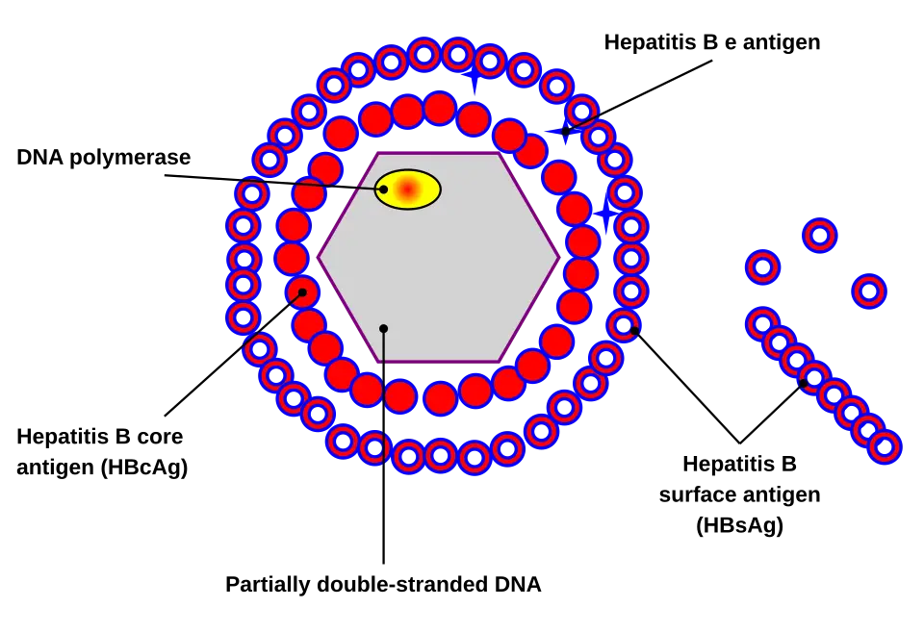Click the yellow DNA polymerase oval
[x=408, y=189]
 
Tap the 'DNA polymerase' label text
[x=104, y=157]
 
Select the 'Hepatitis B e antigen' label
[x=712, y=42]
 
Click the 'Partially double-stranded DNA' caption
[x=383, y=584]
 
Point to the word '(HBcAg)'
[x=144, y=467]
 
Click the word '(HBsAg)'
[x=739, y=524]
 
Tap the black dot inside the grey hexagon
[x=384, y=329]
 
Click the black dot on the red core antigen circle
[x=302, y=292]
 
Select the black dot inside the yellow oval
[x=384, y=189]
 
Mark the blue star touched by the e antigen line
[x=565, y=131]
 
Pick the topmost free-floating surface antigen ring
[x=820, y=236]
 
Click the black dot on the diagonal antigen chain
[x=803, y=383]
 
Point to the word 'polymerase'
[x=130, y=158]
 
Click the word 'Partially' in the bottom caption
[x=269, y=585]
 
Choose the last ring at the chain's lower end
[x=885, y=447]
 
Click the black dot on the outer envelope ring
[x=634, y=330]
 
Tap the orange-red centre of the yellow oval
[x=406, y=189]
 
